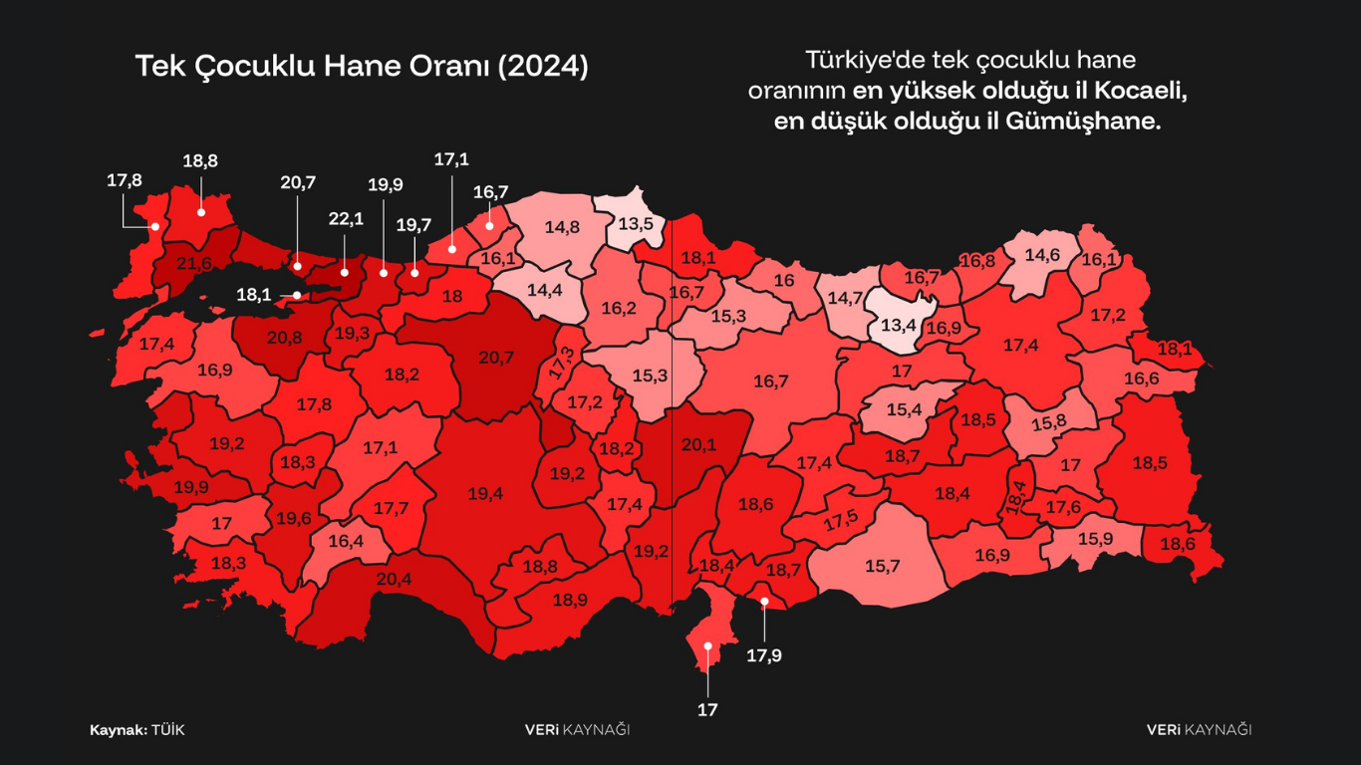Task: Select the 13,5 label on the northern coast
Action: coord(636,223)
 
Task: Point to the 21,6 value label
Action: coord(194,264)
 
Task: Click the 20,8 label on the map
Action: coord(284,338)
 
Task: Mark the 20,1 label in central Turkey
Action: coord(697,445)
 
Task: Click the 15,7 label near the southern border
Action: coord(882,566)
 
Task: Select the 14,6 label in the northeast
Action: coord(1041,254)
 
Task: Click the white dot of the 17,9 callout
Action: coord(764,601)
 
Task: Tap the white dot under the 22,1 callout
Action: coord(345,271)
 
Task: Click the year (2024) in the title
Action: coord(543,67)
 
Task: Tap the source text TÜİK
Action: coord(168,730)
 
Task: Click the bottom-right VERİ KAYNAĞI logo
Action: coord(1199,730)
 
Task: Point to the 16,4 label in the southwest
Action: coord(345,541)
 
